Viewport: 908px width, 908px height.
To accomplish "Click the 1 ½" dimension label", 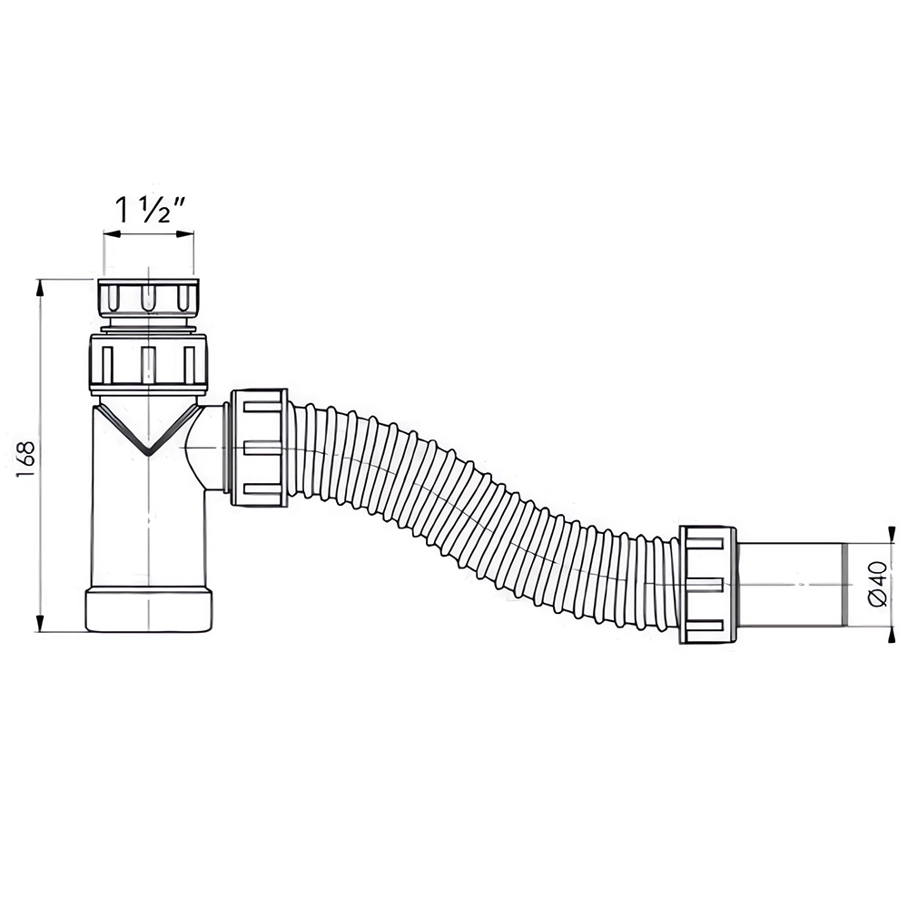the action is coord(150,211).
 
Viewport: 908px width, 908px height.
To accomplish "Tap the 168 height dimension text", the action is coord(26,459).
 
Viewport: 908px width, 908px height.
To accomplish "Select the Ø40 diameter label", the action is coord(878,583).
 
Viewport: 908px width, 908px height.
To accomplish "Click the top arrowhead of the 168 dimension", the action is coord(40,287).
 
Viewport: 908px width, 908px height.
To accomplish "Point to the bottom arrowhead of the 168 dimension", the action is coord(40,623).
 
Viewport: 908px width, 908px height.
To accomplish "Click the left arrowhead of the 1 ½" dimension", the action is coord(111,234).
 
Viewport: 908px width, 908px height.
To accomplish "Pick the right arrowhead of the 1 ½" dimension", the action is coord(185,234).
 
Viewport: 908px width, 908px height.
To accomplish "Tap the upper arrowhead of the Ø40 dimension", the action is coord(889,536).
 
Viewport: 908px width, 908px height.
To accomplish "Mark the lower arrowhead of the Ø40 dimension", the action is coord(889,634).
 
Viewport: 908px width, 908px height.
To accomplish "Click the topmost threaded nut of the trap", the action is coord(149,298).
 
